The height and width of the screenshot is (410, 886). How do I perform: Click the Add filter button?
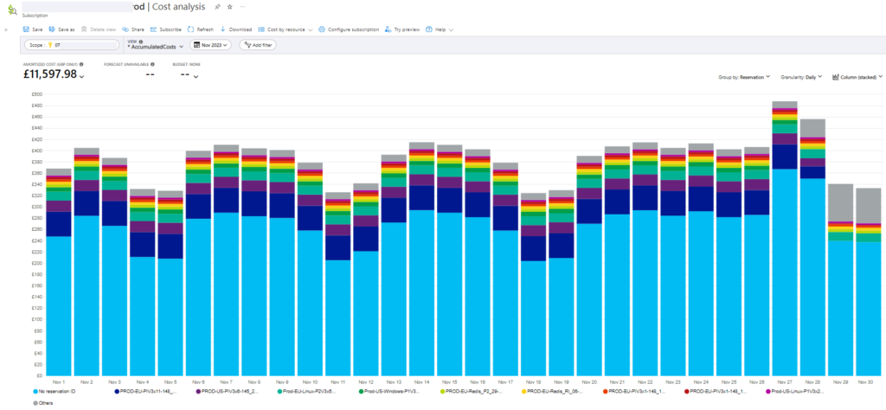258,45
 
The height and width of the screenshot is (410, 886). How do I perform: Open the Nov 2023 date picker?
211,45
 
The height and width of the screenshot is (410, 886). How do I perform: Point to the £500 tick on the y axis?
37,94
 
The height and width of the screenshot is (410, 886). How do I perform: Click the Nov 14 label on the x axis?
421,381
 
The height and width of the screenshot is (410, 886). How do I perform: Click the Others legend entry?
47,403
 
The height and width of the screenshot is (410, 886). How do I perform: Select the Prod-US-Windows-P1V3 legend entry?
395,391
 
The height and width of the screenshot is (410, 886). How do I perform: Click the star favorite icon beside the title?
229,6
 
